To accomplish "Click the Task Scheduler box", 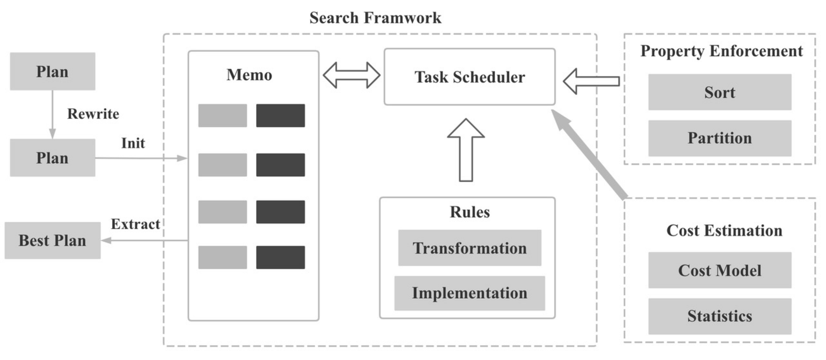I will tap(469, 77).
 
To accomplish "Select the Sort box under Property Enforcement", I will tap(720, 92).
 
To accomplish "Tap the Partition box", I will tap(720, 138).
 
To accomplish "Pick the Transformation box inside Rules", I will tap(469, 248).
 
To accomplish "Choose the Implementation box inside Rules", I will tap(469, 293).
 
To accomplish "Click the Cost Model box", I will tap(720, 270).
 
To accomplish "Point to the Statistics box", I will tap(720, 316).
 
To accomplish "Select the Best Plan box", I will tap(52, 240).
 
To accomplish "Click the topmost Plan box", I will tap(52, 71).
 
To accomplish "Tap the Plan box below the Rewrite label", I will tap(52, 158).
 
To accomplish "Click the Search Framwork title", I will tap(375, 18).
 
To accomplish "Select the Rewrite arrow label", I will tap(93, 114).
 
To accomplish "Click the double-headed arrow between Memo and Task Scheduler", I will tap(351, 75).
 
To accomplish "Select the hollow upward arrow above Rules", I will tap(465, 151).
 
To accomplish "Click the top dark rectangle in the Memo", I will tap(280, 115).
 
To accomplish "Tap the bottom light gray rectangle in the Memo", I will tap(223, 257).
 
